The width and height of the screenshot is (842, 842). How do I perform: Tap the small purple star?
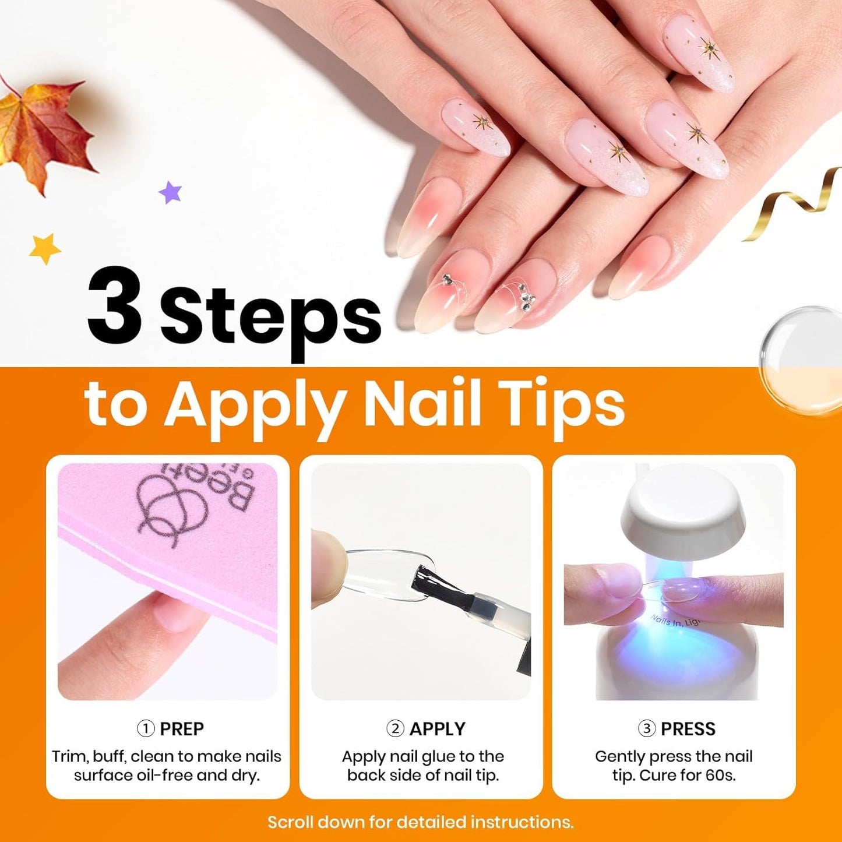click(170, 192)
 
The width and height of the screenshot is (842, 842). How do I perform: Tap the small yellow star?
click(45, 248)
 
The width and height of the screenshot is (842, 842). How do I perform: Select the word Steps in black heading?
click(270, 318)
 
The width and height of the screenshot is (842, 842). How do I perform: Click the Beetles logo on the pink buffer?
click(192, 501)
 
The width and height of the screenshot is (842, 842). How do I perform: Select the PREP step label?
click(181, 729)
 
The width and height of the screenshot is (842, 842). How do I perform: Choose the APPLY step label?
click(437, 729)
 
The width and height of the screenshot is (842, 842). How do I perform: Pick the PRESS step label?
click(688, 729)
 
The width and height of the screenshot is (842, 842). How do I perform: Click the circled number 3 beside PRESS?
click(646, 729)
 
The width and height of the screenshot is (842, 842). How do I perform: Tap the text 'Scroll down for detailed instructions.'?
click(420, 822)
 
